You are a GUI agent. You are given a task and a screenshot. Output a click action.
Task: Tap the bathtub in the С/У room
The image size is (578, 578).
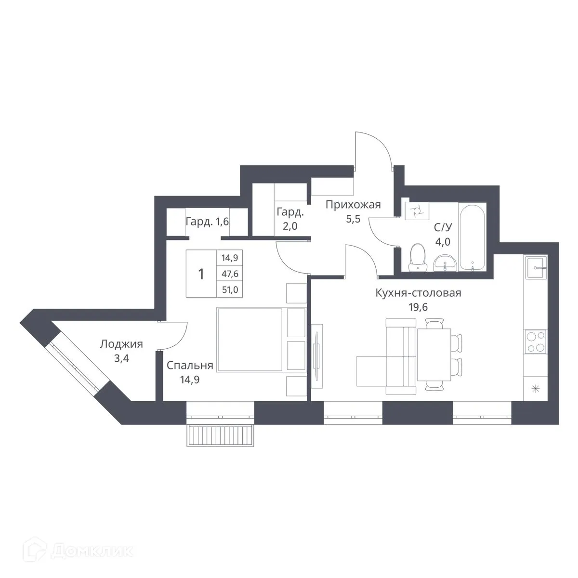(472, 238)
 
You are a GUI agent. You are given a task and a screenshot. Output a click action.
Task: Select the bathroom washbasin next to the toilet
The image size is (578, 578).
(445, 263)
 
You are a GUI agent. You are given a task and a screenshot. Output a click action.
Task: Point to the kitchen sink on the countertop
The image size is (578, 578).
(536, 267)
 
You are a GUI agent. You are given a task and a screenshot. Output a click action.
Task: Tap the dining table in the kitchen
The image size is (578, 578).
(434, 355)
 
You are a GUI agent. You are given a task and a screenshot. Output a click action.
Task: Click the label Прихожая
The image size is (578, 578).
(353, 205)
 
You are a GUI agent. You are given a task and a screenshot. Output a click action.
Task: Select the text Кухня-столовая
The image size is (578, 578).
(418, 293)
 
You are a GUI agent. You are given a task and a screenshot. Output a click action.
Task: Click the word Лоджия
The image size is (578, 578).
(121, 344)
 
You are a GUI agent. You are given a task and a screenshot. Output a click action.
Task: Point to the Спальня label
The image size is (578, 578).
(190, 366)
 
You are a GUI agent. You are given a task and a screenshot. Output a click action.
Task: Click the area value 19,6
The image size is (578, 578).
(418, 307)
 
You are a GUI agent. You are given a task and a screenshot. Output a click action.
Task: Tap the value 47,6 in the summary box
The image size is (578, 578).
(230, 274)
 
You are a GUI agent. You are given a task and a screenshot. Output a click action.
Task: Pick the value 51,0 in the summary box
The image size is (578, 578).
(230, 289)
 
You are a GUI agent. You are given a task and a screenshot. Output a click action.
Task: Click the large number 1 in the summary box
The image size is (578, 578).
(201, 274)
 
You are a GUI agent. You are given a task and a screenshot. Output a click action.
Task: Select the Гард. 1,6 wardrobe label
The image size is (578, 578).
(207, 222)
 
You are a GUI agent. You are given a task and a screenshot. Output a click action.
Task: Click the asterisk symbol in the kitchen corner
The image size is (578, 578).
(536, 389)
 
